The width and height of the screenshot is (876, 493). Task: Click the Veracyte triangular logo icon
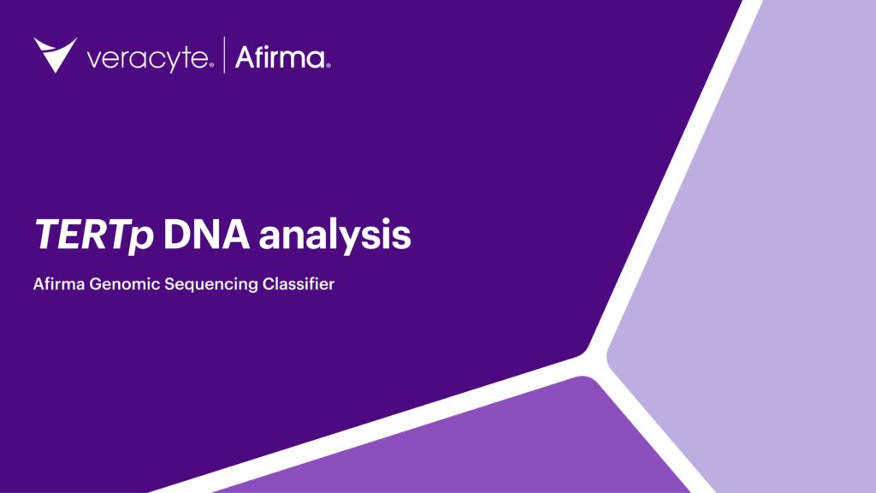[55, 54]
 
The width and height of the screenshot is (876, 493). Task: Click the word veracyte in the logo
[146, 59]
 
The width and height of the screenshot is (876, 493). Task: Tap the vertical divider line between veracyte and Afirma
[225, 56]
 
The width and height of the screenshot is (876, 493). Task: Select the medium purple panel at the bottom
[479, 445]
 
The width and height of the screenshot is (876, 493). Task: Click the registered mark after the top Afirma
[328, 64]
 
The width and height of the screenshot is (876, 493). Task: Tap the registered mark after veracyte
[212, 64]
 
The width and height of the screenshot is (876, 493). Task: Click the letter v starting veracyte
[94, 60]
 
